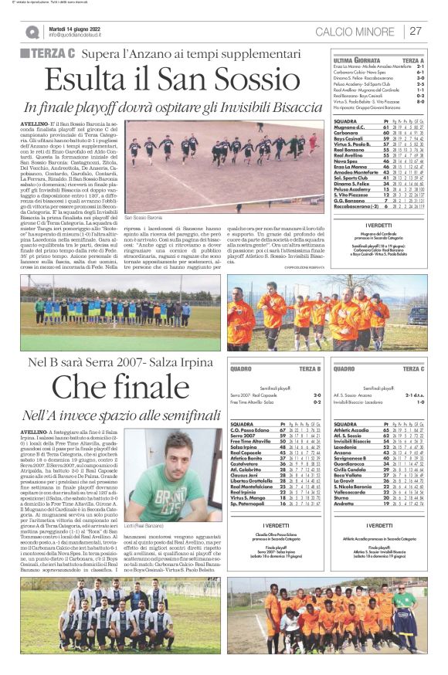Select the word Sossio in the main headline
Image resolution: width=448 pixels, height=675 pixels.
pyautogui.click(x=243, y=80)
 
